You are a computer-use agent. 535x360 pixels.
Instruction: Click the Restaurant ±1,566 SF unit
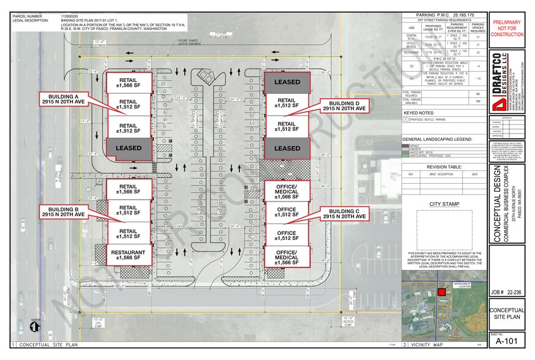pyautogui.click(x=128, y=255)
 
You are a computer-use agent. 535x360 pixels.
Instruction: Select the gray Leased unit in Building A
pyautogui.click(x=128, y=148)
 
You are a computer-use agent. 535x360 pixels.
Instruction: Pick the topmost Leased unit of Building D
pyautogui.click(x=287, y=82)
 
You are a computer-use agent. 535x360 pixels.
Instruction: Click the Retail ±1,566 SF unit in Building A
pyautogui.click(x=128, y=81)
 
